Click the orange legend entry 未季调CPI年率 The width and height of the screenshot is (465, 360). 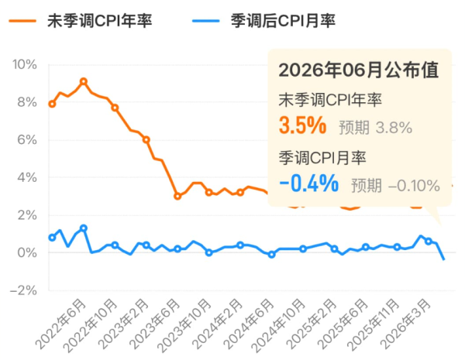[x=81, y=21]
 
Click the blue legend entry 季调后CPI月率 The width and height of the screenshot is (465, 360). [x=264, y=21]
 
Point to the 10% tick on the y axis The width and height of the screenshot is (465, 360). [x=25, y=64]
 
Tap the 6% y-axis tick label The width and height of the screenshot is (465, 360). [x=27, y=140]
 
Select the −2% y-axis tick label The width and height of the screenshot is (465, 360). [x=24, y=290]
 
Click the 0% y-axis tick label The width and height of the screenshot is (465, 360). [x=27, y=252]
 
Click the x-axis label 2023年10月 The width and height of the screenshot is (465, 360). [x=184, y=326]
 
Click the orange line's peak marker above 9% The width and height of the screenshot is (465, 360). [x=84, y=81]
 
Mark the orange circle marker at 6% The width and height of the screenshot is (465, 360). [x=146, y=139]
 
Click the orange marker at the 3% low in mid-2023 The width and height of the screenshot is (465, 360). [x=177, y=196]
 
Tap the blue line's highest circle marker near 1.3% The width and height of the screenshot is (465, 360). [x=84, y=228]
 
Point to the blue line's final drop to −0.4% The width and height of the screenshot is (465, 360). [x=440, y=252]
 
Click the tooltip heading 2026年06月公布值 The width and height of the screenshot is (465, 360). [x=359, y=70]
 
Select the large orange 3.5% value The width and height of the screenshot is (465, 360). [x=303, y=125]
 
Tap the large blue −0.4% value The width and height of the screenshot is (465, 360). [x=309, y=183]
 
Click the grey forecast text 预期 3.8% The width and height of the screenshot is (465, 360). [x=375, y=128]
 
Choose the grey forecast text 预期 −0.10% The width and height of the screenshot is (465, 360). [x=395, y=186]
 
